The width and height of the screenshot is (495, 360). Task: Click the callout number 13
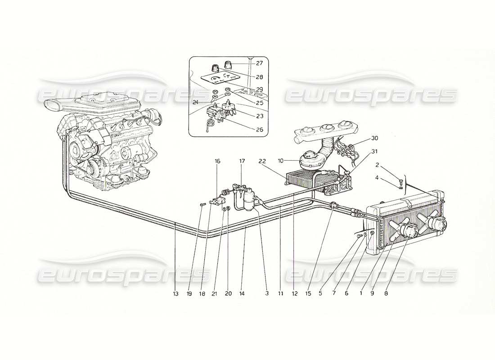pos(175,293)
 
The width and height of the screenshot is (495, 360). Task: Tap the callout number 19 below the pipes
pos(189,293)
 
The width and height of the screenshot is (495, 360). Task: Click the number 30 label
pos(375,138)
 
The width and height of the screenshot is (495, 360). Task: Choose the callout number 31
pos(375,151)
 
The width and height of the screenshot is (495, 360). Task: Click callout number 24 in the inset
pos(195,102)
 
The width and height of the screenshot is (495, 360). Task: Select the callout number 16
pos(217,161)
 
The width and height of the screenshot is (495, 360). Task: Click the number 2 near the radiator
pos(378,165)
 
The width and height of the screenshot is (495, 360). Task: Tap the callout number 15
pos(308,293)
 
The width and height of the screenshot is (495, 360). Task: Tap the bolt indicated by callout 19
pos(202,205)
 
